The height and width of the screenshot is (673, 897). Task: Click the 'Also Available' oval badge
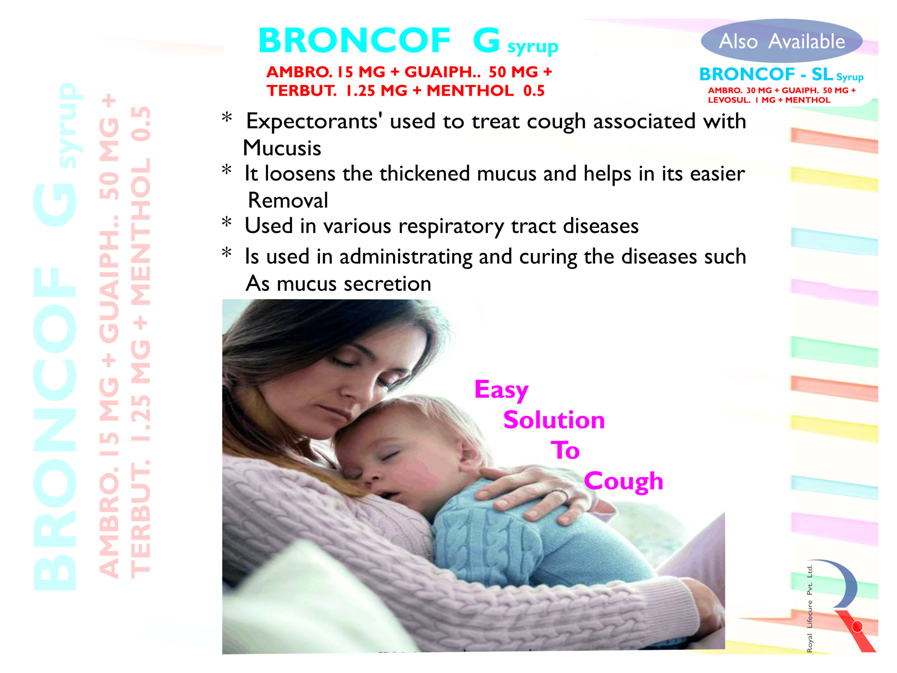[x=781, y=41]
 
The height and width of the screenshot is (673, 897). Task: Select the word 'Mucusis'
[x=282, y=148]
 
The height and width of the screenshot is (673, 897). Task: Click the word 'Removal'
[x=288, y=200]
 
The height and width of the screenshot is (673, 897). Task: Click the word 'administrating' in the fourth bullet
[x=406, y=257]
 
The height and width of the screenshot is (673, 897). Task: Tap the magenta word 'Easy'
[x=502, y=390]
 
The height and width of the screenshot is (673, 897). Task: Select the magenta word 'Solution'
[x=554, y=420]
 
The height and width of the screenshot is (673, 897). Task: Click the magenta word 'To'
[x=565, y=450]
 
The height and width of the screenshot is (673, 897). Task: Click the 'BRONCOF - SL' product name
[x=766, y=74]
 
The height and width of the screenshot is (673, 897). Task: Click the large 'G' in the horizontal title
[x=486, y=40]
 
